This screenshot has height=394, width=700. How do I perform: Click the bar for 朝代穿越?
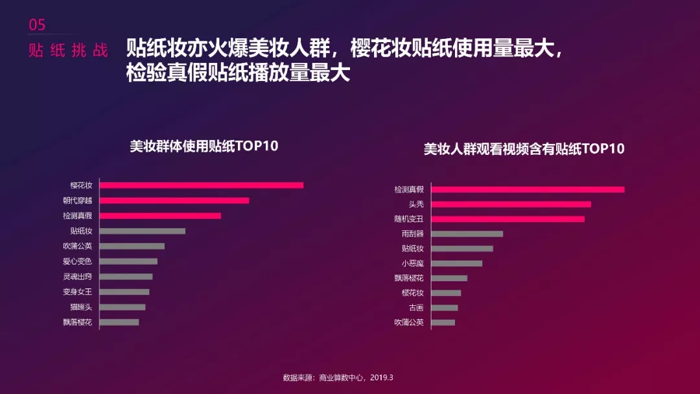tap(174, 200)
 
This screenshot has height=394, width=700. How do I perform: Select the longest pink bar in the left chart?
tap(202, 185)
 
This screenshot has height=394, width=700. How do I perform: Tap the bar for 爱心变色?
tap(129, 261)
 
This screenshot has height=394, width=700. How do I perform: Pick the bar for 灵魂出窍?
tap(126, 277)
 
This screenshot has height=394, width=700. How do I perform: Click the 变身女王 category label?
tap(77, 292)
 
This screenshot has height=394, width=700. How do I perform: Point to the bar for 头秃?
tap(511, 204)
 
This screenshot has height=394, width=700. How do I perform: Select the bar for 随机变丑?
tap(507, 219)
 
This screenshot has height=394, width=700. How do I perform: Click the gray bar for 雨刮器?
tap(467, 234)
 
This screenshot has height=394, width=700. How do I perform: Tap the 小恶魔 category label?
tap(412, 263)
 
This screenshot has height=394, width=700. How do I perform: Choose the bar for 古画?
tap(445, 308)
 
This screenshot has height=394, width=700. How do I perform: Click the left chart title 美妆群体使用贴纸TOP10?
tap(204, 146)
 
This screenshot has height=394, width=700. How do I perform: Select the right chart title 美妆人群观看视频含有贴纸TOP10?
tap(524, 149)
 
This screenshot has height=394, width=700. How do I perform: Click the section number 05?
tap(38, 25)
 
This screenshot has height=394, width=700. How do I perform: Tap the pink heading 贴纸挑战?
tap(68, 51)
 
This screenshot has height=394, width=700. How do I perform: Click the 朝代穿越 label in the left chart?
tap(77, 200)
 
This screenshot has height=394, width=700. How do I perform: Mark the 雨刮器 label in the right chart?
tap(412, 233)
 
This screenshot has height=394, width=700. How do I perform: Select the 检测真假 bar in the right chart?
tap(528, 189)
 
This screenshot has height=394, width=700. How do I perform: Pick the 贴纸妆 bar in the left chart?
tap(143, 231)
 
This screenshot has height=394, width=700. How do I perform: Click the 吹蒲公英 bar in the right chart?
tap(443, 323)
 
